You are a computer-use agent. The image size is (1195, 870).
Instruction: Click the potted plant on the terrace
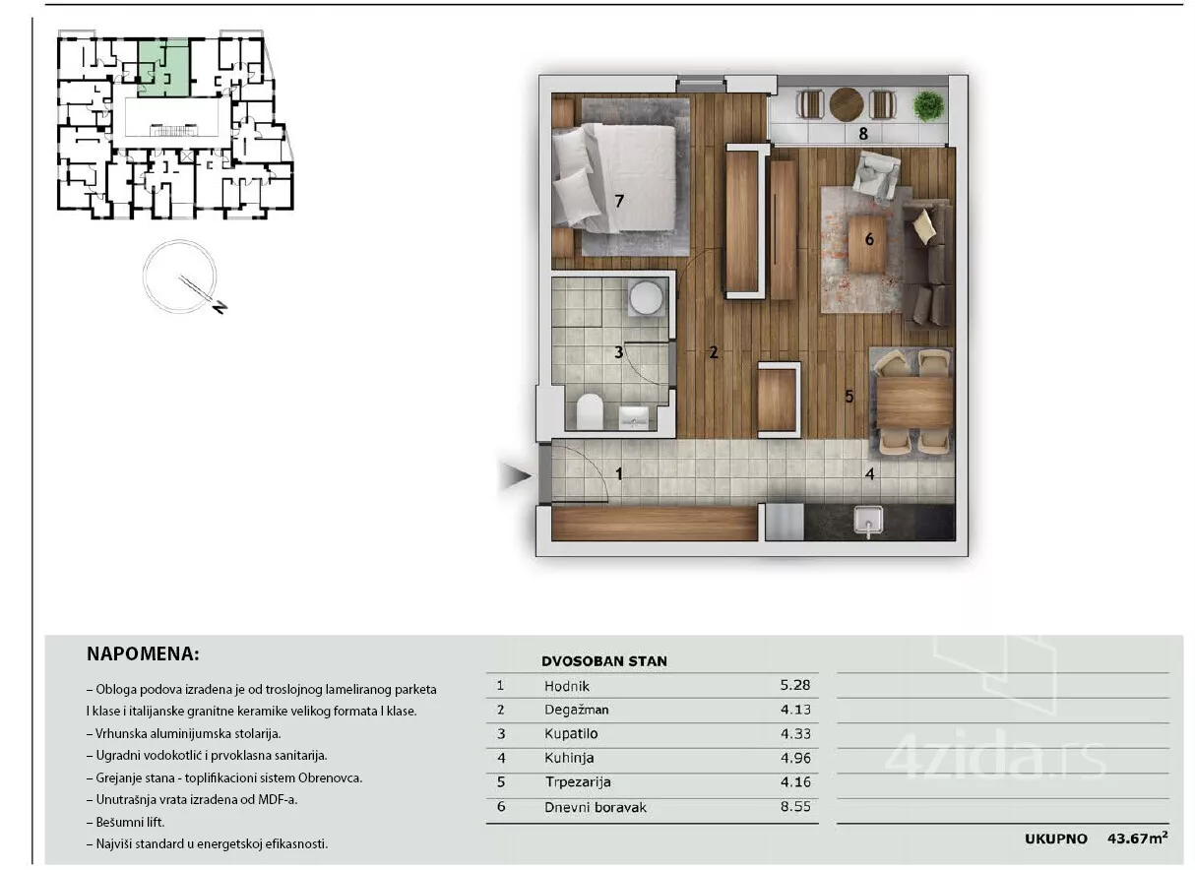point(929,105)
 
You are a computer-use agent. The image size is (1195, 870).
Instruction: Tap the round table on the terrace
point(847,104)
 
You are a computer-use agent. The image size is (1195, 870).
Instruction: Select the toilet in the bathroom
point(590,410)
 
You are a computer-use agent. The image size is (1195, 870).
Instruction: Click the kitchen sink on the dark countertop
point(868,520)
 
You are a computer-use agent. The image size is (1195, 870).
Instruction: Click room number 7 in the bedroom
point(619,201)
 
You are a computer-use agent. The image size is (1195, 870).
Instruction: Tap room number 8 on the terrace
point(863,133)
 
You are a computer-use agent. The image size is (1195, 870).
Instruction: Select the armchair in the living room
point(876,177)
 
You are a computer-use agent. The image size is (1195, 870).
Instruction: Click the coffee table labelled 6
point(868,243)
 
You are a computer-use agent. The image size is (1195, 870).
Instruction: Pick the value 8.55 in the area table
point(795,806)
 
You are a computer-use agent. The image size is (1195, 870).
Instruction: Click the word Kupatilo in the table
point(571,733)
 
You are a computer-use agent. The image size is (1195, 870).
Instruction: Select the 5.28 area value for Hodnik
point(795,685)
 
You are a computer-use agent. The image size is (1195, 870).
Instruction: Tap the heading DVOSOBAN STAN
point(604,661)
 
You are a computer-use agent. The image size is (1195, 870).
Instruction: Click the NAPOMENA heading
point(143,653)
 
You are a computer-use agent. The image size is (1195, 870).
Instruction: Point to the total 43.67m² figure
point(1137,838)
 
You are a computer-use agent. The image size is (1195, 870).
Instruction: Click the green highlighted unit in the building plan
point(163,68)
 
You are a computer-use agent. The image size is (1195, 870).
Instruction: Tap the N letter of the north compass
point(220,307)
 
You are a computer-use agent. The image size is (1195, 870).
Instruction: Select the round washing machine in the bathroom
point(646,297)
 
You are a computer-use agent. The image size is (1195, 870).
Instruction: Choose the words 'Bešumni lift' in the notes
point(130,822)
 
